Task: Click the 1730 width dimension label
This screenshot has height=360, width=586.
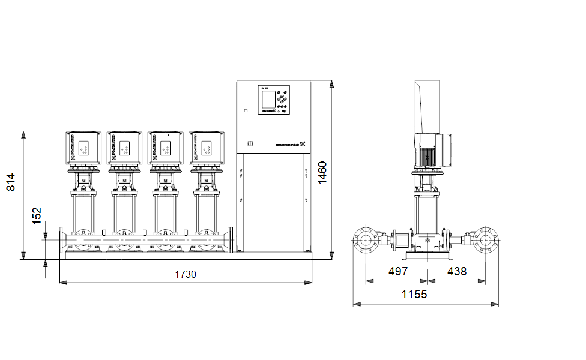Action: pyautogui.click(x=186, y=274)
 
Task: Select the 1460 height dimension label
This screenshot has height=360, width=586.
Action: pyautogui.click(x=322, y=173)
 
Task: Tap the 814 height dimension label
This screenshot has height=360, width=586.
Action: pyautogui.click(x=10, y=182)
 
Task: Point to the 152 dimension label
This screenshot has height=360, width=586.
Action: pyautogui.click(x=37, y=216)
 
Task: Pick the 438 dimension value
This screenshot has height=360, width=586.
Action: pyautogui.click(x=456, y=271)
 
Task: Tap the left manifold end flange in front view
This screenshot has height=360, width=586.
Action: pyautogui.click(x=62, y=242)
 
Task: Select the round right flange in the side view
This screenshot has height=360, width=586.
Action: pyautogui.click(x=486, y=241)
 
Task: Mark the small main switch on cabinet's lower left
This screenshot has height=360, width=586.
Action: pyautogui.click(x=250, y=143)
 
